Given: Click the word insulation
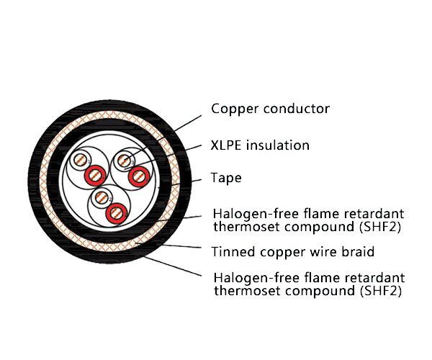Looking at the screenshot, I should [278, 145].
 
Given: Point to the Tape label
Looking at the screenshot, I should [226, 178].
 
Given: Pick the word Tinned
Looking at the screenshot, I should [232, 252].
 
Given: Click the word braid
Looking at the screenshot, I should [359, 252].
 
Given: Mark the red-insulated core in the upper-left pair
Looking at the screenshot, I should [94, 175].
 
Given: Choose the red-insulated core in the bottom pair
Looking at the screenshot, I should [114, 212].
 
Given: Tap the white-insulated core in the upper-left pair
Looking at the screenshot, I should [83, 161].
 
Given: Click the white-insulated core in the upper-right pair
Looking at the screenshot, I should [126, 159].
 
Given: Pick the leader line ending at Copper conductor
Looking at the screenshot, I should [189, 122].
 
